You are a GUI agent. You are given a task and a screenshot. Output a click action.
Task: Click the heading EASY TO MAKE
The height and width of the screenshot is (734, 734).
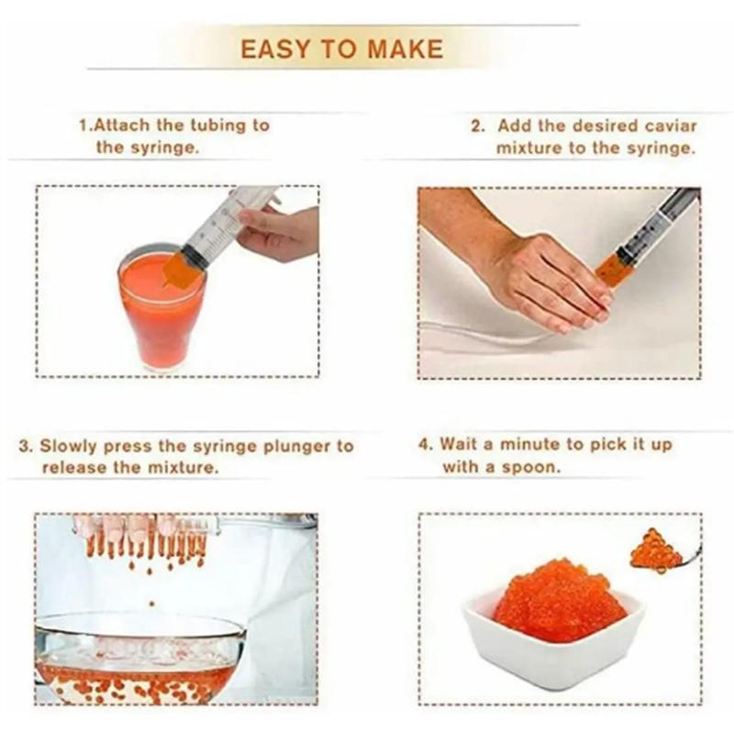pos(341,49)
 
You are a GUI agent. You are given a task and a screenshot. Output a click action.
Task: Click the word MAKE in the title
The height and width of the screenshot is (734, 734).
pos(405,49)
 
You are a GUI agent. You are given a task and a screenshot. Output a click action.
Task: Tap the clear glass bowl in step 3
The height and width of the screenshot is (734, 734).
pos(138,656)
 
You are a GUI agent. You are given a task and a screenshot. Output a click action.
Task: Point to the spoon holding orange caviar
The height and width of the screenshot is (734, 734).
pos(662,552)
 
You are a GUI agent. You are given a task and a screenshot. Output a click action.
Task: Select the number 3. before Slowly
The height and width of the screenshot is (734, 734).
pos(27,447)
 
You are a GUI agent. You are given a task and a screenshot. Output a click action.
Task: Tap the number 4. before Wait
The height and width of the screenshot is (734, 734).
pos(426,444)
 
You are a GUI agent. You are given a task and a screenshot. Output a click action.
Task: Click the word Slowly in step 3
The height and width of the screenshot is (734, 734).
pos(70,447)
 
